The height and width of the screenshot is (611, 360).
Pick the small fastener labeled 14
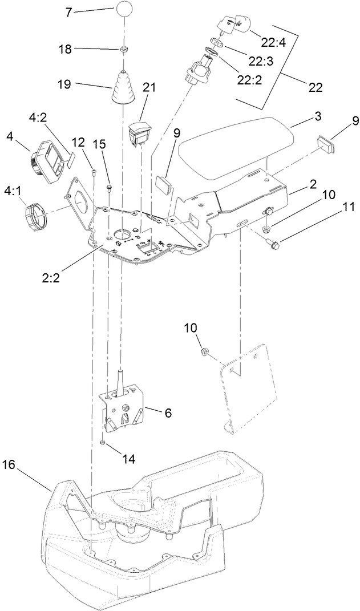click(x=101, y=443)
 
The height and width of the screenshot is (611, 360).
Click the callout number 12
click(x=78, y=141)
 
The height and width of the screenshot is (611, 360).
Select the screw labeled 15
click(x=110, y=187)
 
